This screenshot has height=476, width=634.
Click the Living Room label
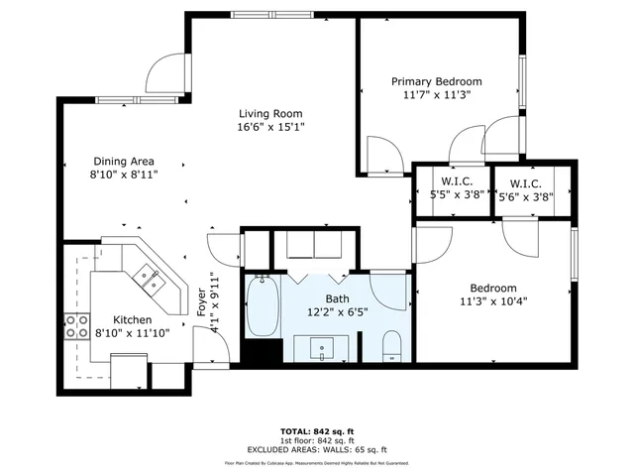tap(269, 113)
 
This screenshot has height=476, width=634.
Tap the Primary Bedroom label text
tap(436, 81)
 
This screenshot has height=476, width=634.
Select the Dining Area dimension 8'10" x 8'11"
tap(124, 175)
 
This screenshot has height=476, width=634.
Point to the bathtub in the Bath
tap(262, 309)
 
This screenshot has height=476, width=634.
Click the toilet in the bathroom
tap(390, 346)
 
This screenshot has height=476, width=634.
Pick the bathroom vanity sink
tap(325, 347)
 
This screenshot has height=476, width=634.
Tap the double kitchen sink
tap(152, 280)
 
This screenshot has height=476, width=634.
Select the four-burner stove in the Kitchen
tap(75, 327)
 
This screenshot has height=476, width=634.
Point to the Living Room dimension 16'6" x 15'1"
tap(269, 127)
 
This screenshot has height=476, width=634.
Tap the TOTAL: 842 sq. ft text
tap(316, 431)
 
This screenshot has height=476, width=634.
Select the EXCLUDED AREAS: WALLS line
tap(316, 449)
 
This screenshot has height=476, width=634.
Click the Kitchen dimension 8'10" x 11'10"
tap(132, 333)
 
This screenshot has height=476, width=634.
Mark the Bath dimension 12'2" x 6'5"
tap(338, 311)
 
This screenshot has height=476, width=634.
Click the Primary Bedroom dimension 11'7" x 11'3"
tap(436, 95)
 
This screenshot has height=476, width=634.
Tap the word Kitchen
tap(132, 319)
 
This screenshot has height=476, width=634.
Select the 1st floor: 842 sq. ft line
tap(316, 440)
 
